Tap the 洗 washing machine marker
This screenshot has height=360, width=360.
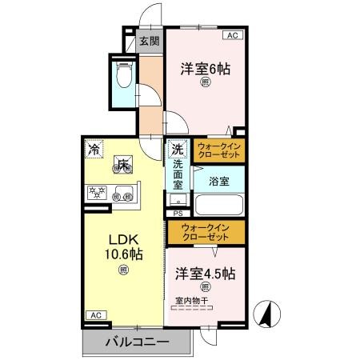178,150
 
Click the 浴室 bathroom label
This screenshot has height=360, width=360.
218,182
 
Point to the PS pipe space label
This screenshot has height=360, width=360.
178,214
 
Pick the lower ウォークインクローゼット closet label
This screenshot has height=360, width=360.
206,232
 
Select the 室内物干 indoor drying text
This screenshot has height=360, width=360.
192,301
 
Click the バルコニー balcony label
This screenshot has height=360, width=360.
137,342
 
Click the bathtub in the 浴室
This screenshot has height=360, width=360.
218,203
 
